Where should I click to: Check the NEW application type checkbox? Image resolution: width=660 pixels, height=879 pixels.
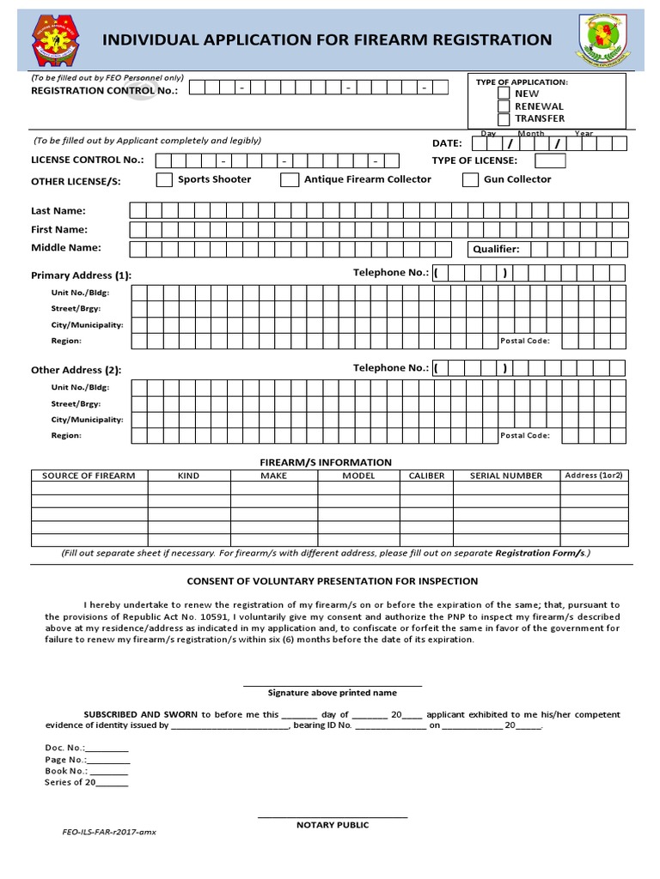(504, 94)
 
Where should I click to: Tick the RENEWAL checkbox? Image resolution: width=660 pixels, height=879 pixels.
(504, 106)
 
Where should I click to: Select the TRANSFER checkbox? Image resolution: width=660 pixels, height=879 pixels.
(504, 118)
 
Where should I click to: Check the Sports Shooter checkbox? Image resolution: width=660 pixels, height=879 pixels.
(163, 179)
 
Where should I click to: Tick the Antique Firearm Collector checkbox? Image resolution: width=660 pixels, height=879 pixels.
(289, 179)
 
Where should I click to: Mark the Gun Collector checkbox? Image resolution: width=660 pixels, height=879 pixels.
(469, 179)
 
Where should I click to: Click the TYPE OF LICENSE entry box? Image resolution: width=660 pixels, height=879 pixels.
(550, 161)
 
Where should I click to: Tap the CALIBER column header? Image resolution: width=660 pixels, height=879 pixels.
(426, 476)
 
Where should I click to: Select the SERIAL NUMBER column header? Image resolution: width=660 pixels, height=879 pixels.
(506, 476)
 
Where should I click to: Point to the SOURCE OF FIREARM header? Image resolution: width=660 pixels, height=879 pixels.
(89, 476)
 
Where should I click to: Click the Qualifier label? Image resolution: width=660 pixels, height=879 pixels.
(496, 250)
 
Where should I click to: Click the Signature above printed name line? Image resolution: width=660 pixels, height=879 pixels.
(332, 686)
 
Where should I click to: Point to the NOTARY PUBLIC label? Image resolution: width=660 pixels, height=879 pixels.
(332, 825)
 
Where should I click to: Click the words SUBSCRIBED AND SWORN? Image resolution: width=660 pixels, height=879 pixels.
(141, 714)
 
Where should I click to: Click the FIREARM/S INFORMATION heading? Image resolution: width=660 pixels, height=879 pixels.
(326, 462)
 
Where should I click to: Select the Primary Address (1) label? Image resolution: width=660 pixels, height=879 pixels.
(81, 276)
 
